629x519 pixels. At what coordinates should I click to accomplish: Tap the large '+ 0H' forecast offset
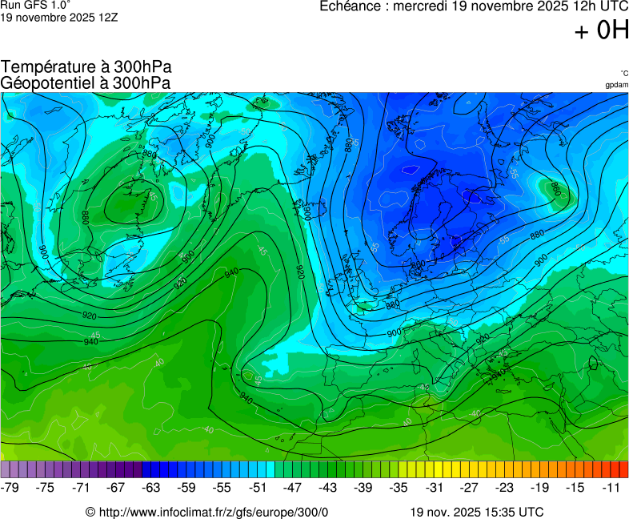[x=602, y=31]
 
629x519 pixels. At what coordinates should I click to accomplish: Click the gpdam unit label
[x=616, y=84]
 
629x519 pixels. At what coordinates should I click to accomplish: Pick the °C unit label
[x=623, y=73]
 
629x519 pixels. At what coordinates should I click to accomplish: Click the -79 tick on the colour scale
[x=10, y=487]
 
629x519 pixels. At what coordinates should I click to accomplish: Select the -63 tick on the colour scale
[x=151, y=487]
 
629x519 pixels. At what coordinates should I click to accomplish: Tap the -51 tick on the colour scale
[x=257, y=487]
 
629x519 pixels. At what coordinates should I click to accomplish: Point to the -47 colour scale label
[x=292, y=487]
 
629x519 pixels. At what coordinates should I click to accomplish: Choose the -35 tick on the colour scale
[x=398, y=487]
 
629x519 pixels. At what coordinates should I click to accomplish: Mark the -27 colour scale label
[x=468, y=487]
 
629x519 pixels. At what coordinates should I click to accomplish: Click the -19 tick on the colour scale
[x=539, y=487]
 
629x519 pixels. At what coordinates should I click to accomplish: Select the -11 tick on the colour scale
[x=609, y=487]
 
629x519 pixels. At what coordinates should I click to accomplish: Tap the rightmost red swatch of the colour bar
[x=623, y=469]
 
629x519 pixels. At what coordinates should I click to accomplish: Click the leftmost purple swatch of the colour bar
[x=6, y=469]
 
